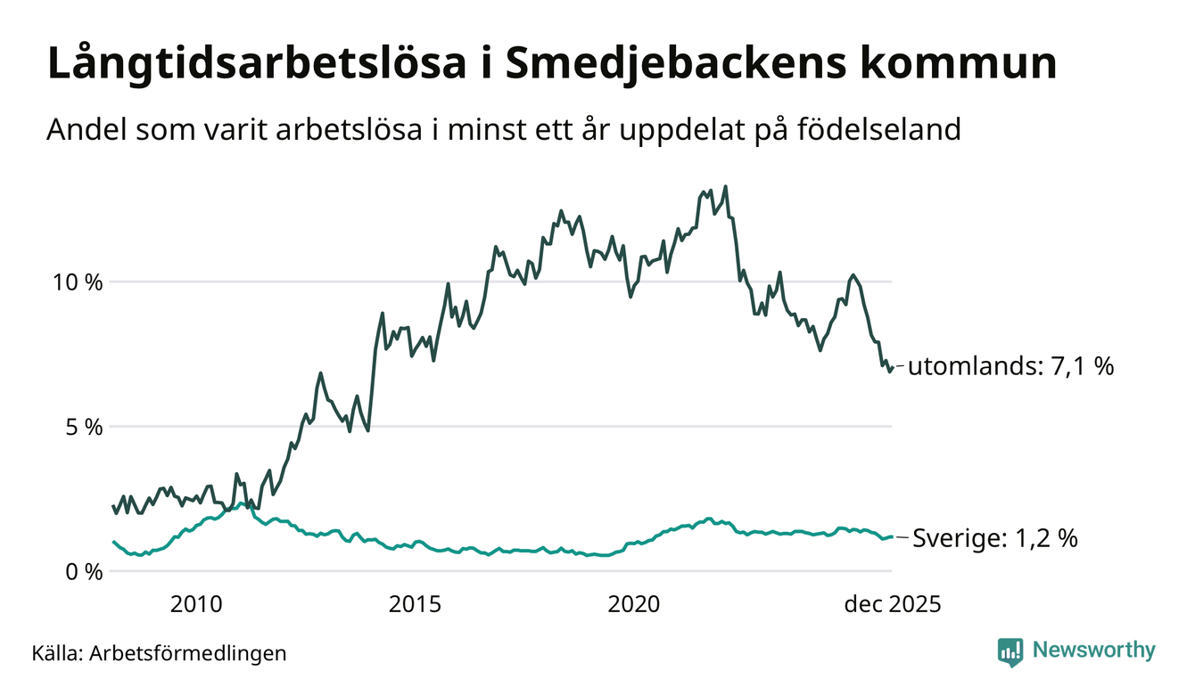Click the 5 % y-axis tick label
(86, 427)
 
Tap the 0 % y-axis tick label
(86, 571)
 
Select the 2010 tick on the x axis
(196, 605)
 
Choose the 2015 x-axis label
(415, 605)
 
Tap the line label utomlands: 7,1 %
(1011, 365)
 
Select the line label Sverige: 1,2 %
(995, 538)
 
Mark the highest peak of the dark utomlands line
(725, 187)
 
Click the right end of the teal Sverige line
(892, 536)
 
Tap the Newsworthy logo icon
(1010, 652)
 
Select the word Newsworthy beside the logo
(1094, 650)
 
